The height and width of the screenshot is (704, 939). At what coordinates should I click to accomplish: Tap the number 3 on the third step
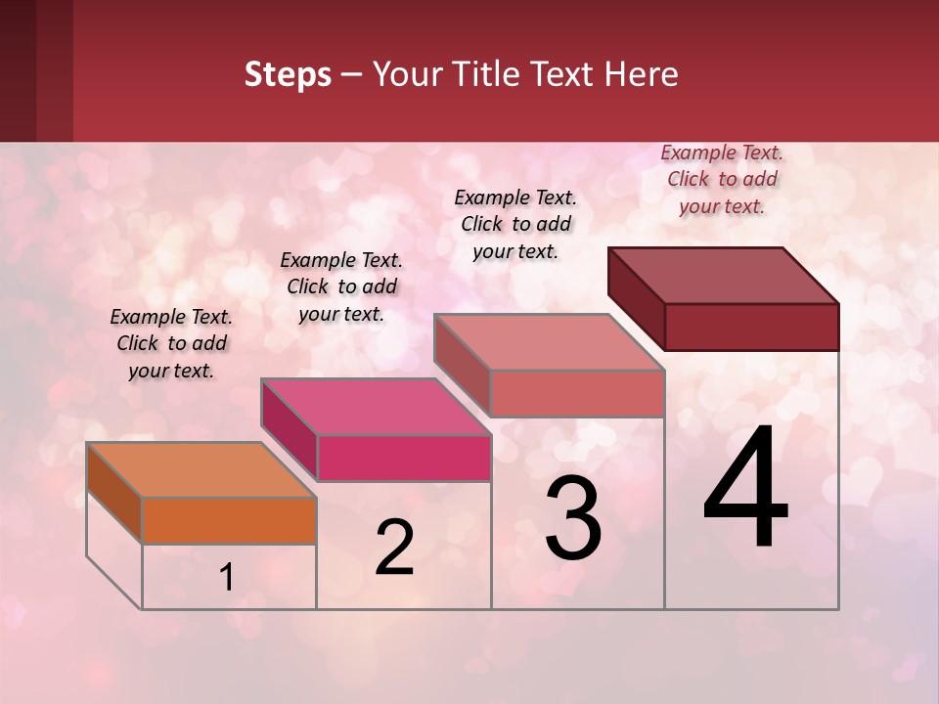[573, 520]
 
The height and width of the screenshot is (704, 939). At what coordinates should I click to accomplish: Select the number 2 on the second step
[394, 548]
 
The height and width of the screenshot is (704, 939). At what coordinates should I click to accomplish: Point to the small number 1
[226, 578]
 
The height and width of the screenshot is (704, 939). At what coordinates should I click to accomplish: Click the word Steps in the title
[288, 74]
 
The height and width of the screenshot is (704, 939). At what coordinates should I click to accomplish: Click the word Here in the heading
[642, 74]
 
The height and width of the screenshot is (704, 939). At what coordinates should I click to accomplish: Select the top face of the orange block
[201, 470]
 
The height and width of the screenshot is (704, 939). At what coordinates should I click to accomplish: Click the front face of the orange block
[229, 520]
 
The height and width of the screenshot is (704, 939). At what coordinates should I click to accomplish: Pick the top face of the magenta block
[376, 407]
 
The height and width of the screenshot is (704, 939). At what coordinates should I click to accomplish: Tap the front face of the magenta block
[403, 458]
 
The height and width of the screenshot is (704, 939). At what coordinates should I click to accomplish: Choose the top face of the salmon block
[550, 342]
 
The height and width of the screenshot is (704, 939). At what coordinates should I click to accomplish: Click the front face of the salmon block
[577, 393]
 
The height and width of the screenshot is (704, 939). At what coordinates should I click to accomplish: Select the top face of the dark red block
[724, 276]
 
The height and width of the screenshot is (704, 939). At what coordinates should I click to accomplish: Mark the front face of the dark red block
[751, 327]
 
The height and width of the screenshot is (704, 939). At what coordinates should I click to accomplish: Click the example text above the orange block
[171, 343]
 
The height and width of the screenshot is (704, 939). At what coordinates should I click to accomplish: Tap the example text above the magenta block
[341, 286]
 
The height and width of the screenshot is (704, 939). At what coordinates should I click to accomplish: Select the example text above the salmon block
[515, 224]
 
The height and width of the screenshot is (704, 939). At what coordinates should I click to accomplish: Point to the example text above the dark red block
[722, 179]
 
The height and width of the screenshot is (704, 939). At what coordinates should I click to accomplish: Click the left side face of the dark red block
[636, 299]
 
